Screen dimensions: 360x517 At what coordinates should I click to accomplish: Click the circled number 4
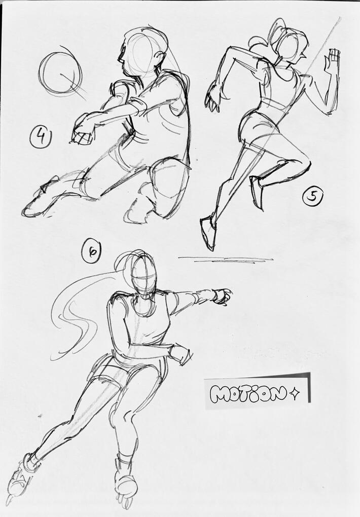[40, 137]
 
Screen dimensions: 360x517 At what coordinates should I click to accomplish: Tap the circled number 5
[312, 197]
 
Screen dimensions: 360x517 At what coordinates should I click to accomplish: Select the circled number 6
[91, 253]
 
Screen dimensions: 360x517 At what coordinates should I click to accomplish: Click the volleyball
[60, 74]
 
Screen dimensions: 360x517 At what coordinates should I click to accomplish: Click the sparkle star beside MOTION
[295, 393]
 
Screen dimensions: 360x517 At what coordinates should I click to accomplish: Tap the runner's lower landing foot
[208, 232]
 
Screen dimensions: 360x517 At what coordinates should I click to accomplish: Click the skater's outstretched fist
[222, 296]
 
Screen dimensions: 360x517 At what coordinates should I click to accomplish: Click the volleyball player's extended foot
[40, 201]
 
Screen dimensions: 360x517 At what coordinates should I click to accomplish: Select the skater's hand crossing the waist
[180, 354]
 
